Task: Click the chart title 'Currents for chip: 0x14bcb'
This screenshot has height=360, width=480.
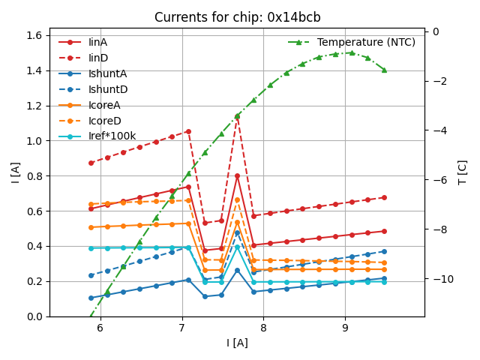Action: (237, 17)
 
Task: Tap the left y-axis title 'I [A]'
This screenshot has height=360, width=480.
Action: (15, 172)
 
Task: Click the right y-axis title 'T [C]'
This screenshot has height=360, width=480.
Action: (463, 172)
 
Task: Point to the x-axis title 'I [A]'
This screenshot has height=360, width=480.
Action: (237, 343)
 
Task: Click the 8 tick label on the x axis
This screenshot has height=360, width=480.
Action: (263, 328)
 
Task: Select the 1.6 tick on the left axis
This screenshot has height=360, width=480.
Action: (34, 35)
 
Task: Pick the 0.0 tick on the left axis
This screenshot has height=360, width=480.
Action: (34, 316)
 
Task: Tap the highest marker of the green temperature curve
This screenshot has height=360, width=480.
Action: (352, 52)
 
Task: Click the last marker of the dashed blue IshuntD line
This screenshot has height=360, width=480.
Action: (384, 251)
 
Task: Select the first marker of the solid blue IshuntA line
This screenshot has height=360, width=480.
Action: (91, 298)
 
